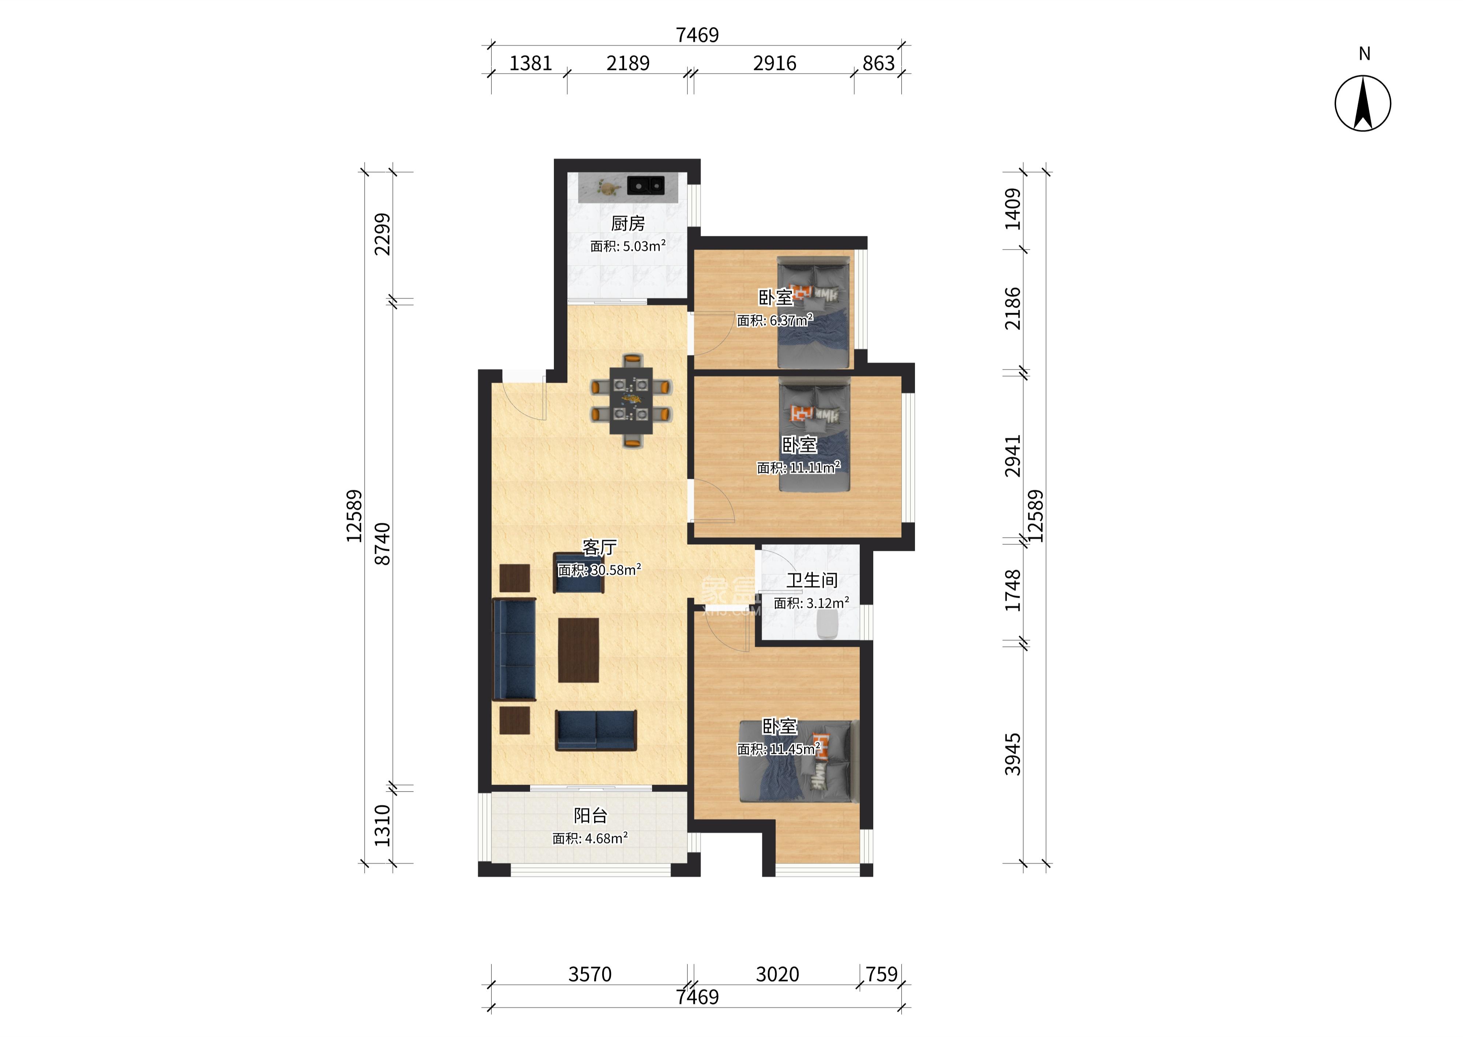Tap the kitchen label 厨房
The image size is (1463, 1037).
pyautogui.click(x=628, y=223)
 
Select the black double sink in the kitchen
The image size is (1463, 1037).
pyautogui.click(x=646, y=185)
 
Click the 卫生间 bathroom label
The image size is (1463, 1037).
pyautogui.click(x=812, y=580)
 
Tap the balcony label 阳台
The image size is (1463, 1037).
pyautogui.click(x=590, y=815)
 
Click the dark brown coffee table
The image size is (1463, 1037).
pyautogui.click(x=578, y=650)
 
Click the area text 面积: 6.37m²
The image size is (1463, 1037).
pyautogui.click(x=774, y=320)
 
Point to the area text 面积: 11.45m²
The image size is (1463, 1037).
pyautogui.click(x=779, y=749)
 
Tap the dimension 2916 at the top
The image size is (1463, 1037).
pyautogui.click(x=774, y=63)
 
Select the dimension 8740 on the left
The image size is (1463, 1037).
pyautogui.click(x=382, y=544)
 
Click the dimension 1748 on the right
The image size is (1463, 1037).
pyautogui.click(x=1013, y=591)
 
